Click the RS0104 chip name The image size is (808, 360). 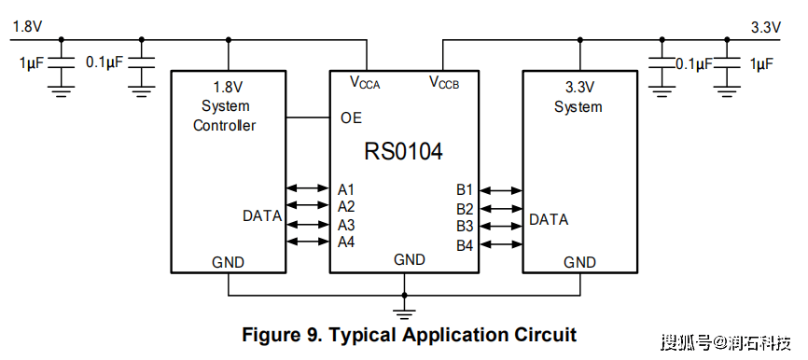click(x=403, y=152)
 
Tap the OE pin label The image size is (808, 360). click(x=351, y=118)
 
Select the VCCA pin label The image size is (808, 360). click(x=365, y=82)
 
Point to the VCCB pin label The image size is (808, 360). click(x=444, y=82)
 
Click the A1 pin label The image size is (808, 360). click(x=346, y=189)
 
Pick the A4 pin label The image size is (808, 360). click(x=346, y=242)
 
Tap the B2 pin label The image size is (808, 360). click(x=465, y=209)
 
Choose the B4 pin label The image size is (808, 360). click(x=465, y=245)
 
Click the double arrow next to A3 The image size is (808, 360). click(x=307, y=224)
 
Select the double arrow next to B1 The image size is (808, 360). click(x=501, y=190)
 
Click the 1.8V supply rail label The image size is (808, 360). click(x=27, y=27)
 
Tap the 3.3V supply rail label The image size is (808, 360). click(x=766, y=27)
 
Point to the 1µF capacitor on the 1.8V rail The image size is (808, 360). click(x=62, y=63)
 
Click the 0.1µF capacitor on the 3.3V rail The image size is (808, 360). click(x=662, y=63)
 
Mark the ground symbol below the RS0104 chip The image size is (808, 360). click(x=404, y=312)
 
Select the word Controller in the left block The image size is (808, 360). click(x=224, y=125)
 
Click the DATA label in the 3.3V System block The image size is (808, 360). click(x=549, y=220)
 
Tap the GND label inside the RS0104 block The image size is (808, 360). click(x=410, y=259)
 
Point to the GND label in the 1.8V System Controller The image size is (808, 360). click(x=228, y=263)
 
